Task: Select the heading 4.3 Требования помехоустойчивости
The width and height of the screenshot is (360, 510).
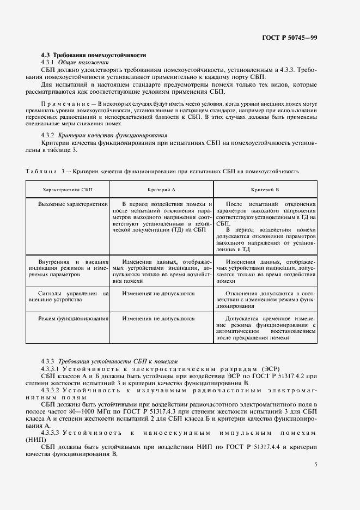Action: coord(94,56)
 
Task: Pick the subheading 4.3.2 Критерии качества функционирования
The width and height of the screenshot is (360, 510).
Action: coord(104,135)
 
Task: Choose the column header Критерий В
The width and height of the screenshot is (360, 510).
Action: coord(265,189)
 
